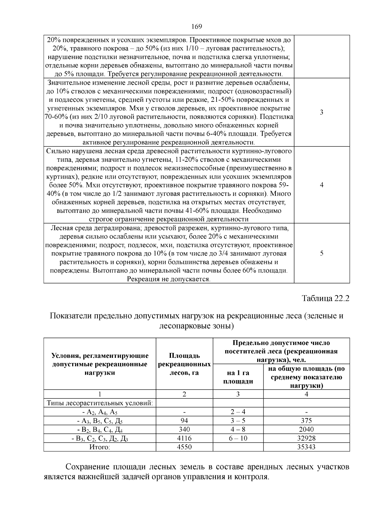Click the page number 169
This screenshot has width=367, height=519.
197,27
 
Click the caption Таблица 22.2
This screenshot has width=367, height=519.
325,298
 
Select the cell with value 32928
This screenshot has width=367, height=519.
306,438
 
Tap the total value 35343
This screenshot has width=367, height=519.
306,447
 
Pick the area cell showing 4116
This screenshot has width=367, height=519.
184,438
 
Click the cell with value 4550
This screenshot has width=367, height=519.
184,447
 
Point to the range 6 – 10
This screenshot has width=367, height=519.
238,438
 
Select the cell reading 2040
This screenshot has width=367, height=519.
306,429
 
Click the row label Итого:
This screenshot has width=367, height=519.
100,447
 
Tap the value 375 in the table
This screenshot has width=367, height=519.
306,421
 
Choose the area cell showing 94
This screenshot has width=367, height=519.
184,421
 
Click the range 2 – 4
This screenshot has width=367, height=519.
238,412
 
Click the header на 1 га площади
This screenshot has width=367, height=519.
238,377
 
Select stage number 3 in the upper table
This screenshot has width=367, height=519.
321,112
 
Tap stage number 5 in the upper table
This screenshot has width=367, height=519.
321,253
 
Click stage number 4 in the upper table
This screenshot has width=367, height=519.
321,185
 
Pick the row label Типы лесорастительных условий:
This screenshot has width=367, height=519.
100,403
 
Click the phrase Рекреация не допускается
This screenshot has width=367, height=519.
169,279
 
